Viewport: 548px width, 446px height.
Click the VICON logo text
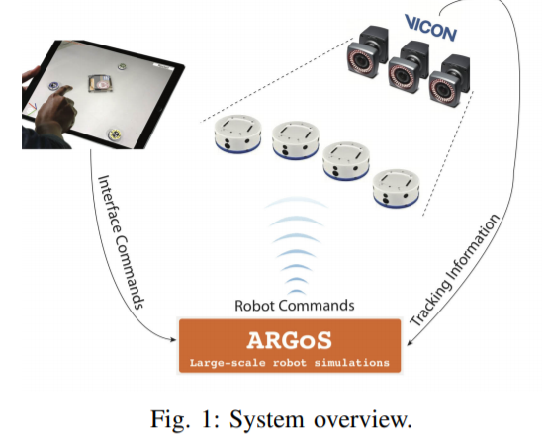[430, 28]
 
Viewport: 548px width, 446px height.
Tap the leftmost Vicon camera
[367, 51]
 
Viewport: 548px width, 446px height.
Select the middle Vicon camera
[409, 66]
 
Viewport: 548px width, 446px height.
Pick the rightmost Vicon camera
[449, 80]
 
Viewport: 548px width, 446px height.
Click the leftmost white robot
[237, 134]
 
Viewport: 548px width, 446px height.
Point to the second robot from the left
[296, 140]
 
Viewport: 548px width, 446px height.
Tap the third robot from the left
[346, 161]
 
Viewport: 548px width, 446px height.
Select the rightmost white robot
[397, 188]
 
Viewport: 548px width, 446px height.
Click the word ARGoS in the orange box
[290, 340]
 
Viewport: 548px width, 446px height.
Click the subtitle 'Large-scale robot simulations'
[290, 363]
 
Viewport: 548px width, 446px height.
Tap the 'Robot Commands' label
[295, 306]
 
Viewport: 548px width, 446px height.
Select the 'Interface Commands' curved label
[121, 242]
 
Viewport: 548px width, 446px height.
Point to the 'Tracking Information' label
[454, 270]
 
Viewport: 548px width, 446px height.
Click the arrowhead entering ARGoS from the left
[173, 339]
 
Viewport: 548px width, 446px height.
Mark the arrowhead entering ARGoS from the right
[411, 342]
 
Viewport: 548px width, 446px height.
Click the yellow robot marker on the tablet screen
[114, 134]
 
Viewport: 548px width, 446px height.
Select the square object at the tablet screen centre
[100, 84]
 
